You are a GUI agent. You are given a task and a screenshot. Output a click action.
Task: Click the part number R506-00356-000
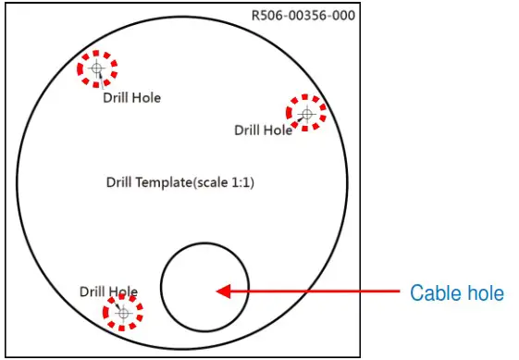[303, 16]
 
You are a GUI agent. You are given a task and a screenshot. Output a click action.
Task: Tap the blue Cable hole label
[457, 293]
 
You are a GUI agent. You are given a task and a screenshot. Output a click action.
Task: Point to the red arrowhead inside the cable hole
[223, 292]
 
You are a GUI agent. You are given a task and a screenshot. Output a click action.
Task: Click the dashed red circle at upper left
[97, 68]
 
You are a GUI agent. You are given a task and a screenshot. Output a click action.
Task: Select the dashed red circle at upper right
[306, 112]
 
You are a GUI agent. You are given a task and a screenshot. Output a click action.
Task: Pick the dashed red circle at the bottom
[123, 313]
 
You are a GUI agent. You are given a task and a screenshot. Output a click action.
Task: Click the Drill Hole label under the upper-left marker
[131, 97]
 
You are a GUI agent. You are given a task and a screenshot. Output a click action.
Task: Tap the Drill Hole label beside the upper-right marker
[263, 130]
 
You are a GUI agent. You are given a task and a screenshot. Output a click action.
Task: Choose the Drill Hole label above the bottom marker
[108, 292]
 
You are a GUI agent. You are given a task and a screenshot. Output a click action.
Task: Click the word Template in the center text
[164, 183]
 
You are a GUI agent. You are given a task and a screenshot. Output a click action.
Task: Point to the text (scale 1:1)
[223, 183]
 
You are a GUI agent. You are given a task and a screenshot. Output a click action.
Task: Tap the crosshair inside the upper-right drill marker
[306, 112]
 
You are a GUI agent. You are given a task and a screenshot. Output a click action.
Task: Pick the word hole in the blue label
[485, 293]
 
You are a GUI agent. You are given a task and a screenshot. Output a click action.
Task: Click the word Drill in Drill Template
[120, 183]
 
